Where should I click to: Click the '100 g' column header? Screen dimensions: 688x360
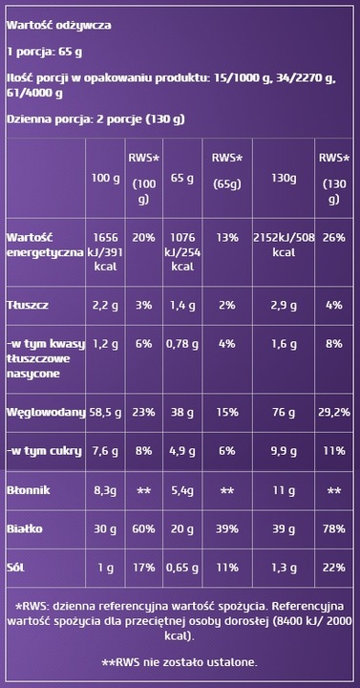[105, 179]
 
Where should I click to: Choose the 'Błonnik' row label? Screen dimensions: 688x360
[27, 489]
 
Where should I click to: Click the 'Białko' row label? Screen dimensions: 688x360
[23, 527]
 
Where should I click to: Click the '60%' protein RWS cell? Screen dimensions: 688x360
[143, 527]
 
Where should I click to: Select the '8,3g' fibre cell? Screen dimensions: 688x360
[105, 489]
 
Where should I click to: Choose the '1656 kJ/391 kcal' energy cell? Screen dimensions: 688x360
[105, 246]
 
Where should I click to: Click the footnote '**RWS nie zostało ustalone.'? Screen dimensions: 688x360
[179, 661]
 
